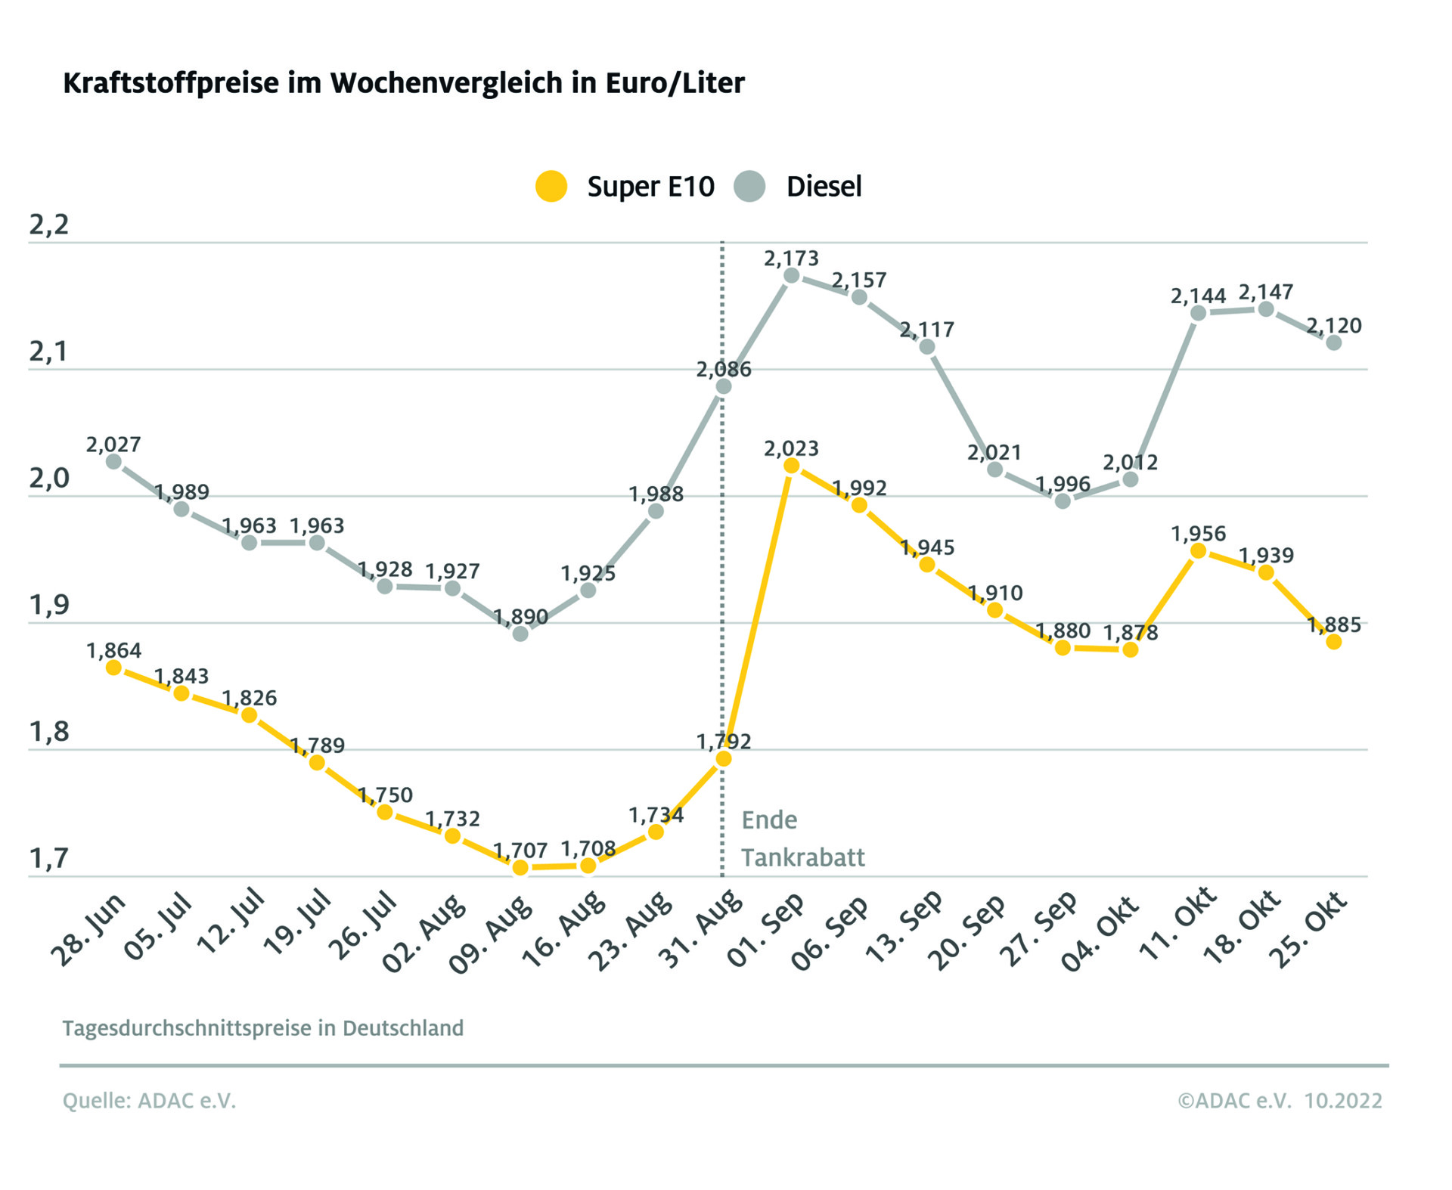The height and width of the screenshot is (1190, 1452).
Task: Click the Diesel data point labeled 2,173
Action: [x=791, y=275]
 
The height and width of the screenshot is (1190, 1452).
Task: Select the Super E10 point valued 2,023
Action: [x=791, y=466]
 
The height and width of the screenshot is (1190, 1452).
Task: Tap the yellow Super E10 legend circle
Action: [x=551, y=186]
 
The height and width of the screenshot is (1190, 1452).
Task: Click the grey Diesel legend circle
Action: [x=749, y=186]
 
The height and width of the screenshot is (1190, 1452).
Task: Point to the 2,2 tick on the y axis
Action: [x=48, y=225]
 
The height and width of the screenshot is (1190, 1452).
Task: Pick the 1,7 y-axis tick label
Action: [x=48, y=858]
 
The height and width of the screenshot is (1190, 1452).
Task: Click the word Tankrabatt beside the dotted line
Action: [x=802, y=857]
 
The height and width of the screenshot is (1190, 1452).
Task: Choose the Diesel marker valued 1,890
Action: [x=520, y=634]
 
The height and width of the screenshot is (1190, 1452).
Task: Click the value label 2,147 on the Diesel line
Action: [x=1266, y=292]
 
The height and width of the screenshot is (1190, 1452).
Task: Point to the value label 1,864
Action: [x=113, y=650]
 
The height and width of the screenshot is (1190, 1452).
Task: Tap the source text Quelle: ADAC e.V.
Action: [x=149, y=1100]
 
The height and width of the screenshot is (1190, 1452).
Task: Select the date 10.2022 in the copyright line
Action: [x=1343, y=1100]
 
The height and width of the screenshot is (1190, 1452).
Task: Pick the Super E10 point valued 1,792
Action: [x=724, y=758]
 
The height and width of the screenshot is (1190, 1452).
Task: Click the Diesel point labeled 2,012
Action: [x=1131, y=479]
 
